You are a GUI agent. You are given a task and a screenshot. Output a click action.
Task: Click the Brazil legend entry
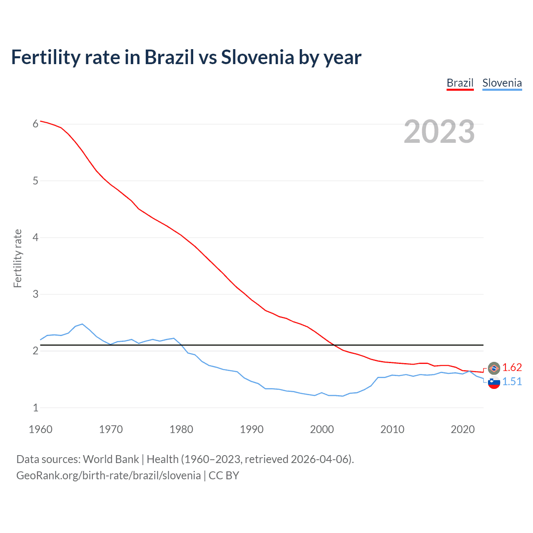coord(460,83)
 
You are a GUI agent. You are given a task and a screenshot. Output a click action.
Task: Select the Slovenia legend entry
coord(502,83)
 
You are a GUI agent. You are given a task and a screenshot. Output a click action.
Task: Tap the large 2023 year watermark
coord(439,132)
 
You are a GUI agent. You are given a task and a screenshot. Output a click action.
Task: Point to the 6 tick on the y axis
coord(35,124)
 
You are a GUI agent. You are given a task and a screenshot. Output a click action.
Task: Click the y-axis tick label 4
coord(35,237)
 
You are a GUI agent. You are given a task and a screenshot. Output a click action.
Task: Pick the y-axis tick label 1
coord(35,408)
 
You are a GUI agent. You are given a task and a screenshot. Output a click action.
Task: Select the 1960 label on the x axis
coord(40,429)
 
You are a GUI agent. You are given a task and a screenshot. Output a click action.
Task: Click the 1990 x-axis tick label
coord(252,429)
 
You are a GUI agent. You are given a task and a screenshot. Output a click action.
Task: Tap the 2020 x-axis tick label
coord(463,429)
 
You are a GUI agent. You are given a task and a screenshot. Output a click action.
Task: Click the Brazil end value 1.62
coord(512,367)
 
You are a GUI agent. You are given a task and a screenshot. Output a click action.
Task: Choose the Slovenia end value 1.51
coord(512,381)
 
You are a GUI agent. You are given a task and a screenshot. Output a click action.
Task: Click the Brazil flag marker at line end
coord(494,368)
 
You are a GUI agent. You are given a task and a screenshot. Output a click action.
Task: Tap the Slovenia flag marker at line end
coord(494,382)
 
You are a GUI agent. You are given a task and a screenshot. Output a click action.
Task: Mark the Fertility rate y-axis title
coord(17,258)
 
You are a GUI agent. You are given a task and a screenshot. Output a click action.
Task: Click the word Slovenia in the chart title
coord(257,57)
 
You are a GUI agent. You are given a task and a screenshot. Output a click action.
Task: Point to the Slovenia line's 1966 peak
coord(82,324)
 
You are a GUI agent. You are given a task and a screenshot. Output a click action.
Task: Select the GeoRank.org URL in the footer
coord(108,476)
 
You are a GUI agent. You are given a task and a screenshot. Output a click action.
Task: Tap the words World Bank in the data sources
coord(111,459)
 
